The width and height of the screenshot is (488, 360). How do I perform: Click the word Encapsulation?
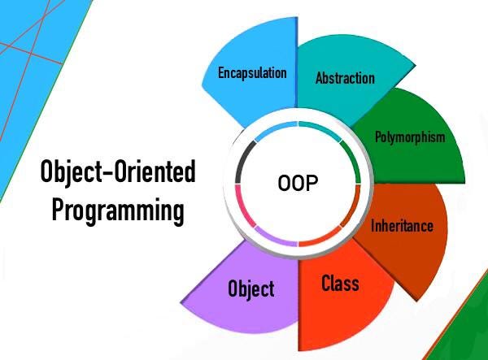[x=252, y=73]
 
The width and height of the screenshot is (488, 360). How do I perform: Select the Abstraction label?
[x=345, y=78]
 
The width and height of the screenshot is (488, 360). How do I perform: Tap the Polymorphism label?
[x=410, y=137]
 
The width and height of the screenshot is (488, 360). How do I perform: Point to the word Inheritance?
[x=402, y=225]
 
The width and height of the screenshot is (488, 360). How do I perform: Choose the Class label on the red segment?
[x=340, y=284]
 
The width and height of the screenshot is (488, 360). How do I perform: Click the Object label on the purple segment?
[x=251, y=289]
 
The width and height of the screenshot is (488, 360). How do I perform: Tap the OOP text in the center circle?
[x=298, y=183]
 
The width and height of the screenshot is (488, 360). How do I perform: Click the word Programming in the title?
[x=118, y=210]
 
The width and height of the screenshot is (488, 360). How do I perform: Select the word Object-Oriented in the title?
[x=118, y=171]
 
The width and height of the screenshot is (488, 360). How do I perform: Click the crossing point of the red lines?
[x=31, y=54]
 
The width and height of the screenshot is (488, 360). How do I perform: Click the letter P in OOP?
[x=312, y=183]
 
